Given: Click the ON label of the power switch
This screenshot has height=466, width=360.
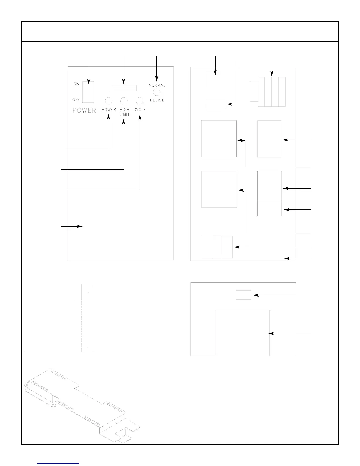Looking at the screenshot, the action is pos(76,84).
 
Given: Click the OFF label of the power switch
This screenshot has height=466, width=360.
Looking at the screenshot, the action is pos(76,100).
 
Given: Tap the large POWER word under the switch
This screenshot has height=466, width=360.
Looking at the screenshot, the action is pos(84,111).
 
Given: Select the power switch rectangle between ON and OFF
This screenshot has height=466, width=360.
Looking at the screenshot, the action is pos(89,92).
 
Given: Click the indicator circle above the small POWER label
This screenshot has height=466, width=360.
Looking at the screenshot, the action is pos(109,101).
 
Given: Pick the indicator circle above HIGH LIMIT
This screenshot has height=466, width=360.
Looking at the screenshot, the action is pos(124,101).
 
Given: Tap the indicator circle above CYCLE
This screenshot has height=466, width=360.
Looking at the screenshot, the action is pos(139,101).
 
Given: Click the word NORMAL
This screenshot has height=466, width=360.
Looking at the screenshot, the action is pos(157,86).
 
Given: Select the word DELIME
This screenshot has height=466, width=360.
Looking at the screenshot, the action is pos(157,100).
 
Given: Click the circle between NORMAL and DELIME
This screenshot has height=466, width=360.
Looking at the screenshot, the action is pos(157,92).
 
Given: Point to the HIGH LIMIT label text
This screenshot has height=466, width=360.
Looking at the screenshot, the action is pos(124,112).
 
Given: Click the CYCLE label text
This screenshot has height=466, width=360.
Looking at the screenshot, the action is pos(139,110).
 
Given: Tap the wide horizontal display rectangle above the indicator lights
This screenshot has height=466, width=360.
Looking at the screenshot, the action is pos(123,88).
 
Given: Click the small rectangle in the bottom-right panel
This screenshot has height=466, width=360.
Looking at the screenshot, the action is pos(244,295).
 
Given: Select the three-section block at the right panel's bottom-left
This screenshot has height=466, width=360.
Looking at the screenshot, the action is pos(217,247).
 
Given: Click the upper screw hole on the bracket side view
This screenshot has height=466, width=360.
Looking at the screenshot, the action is pos(89,294).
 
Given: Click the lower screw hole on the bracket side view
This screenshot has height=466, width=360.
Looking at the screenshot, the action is pos(89,348).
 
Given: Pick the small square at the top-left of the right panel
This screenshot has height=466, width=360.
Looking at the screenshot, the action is pos(215,79).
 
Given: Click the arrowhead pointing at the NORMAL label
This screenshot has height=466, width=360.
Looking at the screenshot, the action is pos(157,79).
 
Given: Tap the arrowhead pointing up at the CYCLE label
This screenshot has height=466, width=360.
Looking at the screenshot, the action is pos(140,117).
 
